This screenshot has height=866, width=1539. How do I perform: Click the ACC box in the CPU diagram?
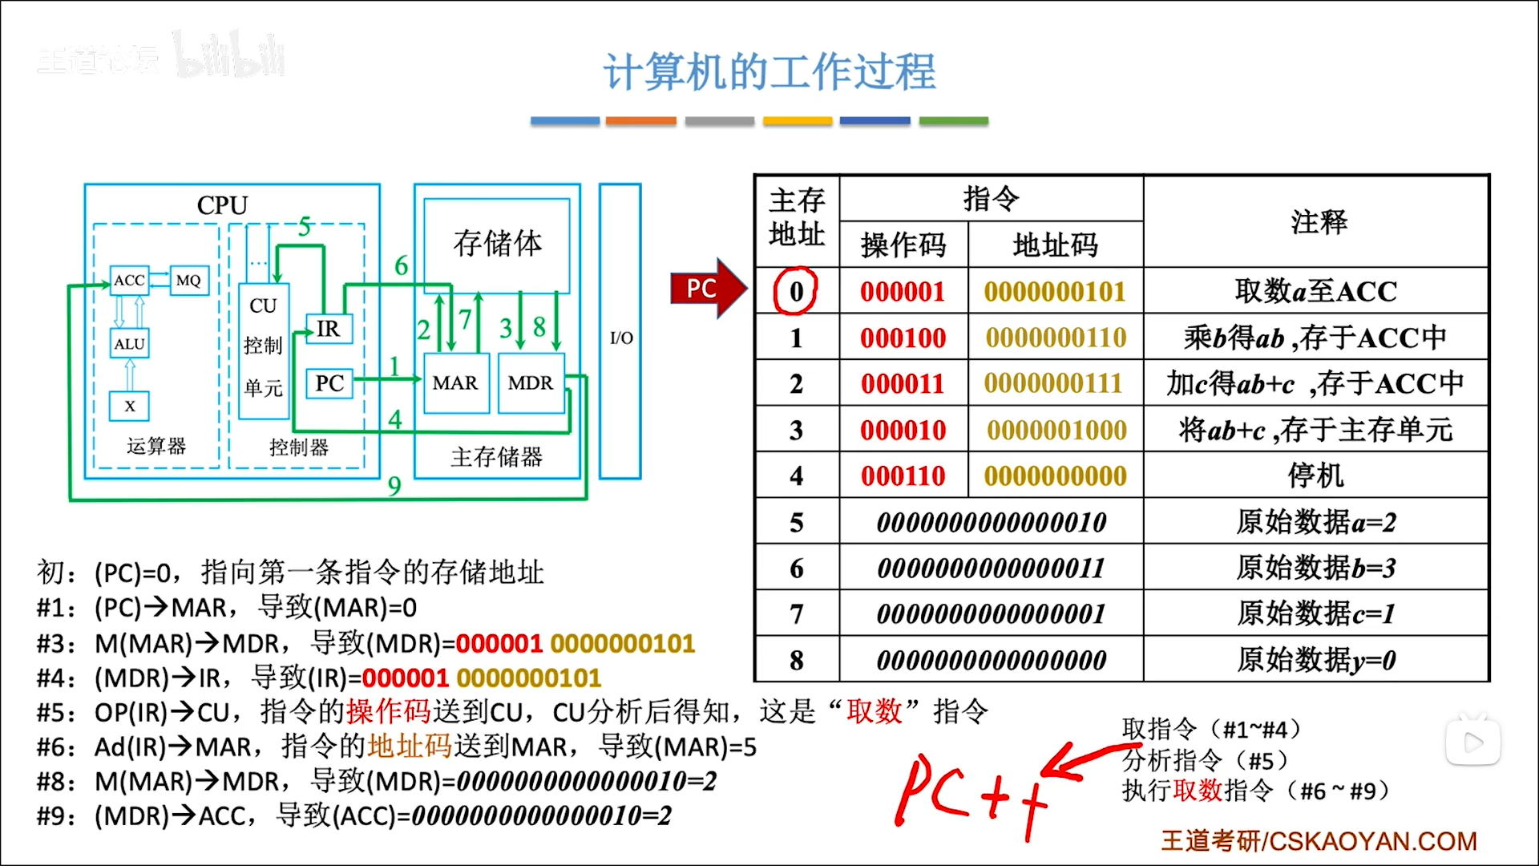pyautogui.click(x=129, y=281)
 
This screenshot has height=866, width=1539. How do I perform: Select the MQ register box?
pyautogui.click(x=189, y=281)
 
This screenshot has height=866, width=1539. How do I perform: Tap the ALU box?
pyautogui.click(x=129, y=344)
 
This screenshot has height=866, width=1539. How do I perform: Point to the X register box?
pyautogui.click(x=130, y=406)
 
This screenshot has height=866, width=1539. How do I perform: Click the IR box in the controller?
pyautogui.click(x=329, y=329)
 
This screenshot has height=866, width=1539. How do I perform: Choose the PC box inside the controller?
pyautogui.click(x=329, y=383)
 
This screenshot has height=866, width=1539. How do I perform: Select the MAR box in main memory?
pyautogui.click(x=455, y=383)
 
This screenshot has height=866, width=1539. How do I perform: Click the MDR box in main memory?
pyautogui.click(x=531, y=383)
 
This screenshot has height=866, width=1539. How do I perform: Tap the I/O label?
pyautogui.click(x=621, y=338)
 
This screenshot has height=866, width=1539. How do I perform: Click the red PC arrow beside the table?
pyautogui.click(x=705, y=289)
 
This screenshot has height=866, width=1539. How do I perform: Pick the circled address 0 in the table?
pyautogui.click(x=795, y=291)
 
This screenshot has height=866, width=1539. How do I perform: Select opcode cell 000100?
pyautogui.click(x=903, y=338)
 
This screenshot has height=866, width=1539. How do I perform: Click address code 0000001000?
pyautogui.click(x=1056, y=430)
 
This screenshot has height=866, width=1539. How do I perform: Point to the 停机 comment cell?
pyautogui.click(x=1315, y=475)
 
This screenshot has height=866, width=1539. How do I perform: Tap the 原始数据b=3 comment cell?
pyautogui.click(x=1315, y=568)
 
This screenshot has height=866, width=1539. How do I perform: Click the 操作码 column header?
pyautogui.click(x=903, y=245)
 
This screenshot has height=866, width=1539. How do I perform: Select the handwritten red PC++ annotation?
pyautogui.click(x=970, y=794)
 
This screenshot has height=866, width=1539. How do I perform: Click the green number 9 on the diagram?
pyautogui.click(x=394, y=486)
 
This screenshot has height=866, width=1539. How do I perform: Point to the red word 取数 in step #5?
pyautogui.click(x=875, y=711)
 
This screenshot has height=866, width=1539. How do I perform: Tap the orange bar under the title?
pyautogui.click(x=640, y=121)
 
